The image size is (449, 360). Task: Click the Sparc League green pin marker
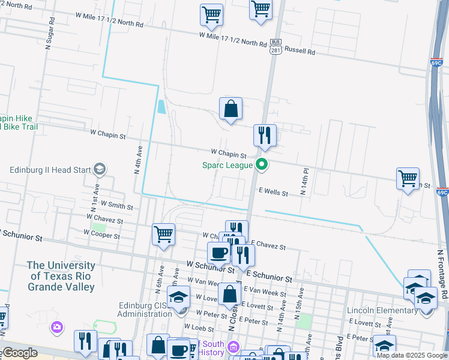point(261,164)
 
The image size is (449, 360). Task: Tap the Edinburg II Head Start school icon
point(100,170)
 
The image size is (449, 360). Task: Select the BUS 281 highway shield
point(276,46)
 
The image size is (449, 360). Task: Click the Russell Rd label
point(300,51)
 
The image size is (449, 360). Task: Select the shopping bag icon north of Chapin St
point(231,109)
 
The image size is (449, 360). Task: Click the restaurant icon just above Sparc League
point(265,136)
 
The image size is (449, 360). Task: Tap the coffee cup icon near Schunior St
point(218,253)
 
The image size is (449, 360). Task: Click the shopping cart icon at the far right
point(408,178)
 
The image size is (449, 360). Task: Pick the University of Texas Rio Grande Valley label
point(61,276)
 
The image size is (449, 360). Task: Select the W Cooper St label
point(100,236)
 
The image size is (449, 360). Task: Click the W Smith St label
point(117,206)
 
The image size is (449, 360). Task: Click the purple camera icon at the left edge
point(57,327)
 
